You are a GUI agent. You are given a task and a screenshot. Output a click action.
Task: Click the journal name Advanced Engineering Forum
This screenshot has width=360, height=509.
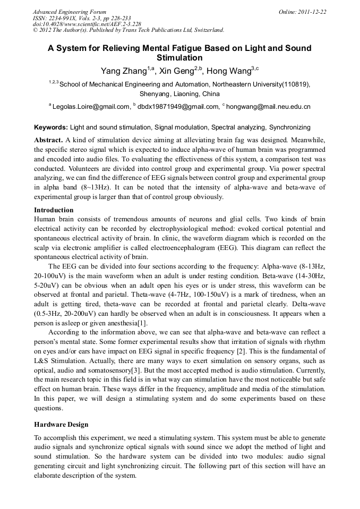[x=69, y=12]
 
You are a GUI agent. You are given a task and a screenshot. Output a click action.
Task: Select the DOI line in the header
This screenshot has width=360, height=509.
[x=87, y=24]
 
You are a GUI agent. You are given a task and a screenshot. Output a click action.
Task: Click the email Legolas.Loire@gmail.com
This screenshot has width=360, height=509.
[x=91, y=107]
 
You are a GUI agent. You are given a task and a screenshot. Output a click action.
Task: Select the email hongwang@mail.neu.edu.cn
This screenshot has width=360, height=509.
[x=269, y=107]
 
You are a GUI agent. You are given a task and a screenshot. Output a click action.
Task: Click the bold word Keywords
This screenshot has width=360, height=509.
[x=50, y=128]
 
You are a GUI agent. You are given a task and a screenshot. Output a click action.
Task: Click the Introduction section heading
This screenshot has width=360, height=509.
[x=54, y=210]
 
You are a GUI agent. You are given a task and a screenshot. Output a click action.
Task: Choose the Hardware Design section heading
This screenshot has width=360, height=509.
[x=61, y=425]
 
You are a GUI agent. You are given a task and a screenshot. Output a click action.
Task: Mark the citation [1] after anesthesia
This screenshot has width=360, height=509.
[x=142, y=323]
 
